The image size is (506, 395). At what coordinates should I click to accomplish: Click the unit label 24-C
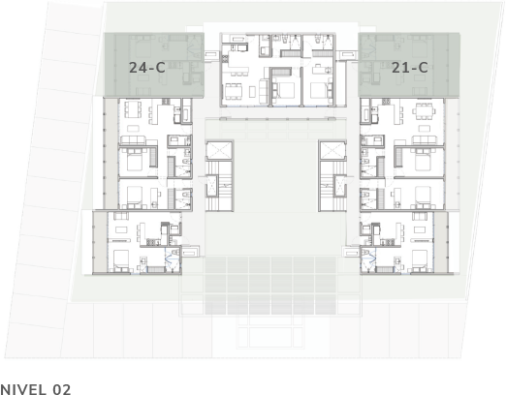click(x=147, y=68)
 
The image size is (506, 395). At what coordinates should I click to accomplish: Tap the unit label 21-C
click(x=410, y=68)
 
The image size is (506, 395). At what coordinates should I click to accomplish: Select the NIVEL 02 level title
click(x=35, y=389)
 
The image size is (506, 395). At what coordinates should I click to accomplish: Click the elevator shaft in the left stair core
click(x=219, y=150)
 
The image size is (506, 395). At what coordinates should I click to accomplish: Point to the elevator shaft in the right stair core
click(x=332, y=150)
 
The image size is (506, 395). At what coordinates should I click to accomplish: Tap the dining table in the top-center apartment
click(x=234, y=91)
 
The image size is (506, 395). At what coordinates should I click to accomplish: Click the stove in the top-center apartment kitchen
click(x=225, y=58)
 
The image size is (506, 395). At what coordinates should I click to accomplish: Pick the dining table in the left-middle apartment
click(x=132, y=109)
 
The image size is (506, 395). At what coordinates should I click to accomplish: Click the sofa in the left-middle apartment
click(x=133, y=140)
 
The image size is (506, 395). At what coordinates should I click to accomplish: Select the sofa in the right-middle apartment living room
click(x=425, y=140)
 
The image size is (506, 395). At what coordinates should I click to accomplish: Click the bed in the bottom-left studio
click(x=121, y=261)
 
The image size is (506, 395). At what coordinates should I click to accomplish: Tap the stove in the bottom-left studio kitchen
click(x=152, y=241)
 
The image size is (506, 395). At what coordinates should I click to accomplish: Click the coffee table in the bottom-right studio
click(x=420, y=229)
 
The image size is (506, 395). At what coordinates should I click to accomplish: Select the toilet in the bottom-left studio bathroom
click(x=176, y=251)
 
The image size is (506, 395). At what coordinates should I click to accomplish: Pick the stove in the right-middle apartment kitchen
click(x=386, y=102)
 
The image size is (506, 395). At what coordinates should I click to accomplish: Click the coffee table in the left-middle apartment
click(x=133, y=129)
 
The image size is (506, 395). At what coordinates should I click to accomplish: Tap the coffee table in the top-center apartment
click(x=252, y=91)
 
